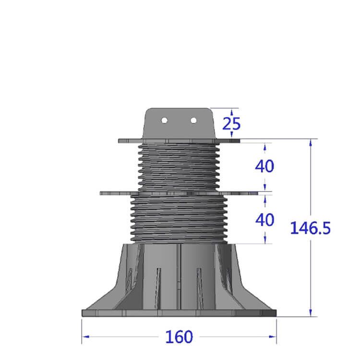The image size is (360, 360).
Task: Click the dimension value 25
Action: pyautogui.click(x=231, y=123)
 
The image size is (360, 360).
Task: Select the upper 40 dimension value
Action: pyautogui.click(x=264, y=166)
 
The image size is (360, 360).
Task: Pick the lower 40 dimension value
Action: pyautogui.click(x=264, y=220)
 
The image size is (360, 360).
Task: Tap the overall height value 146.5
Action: pyautogui.click(x=310, y=228)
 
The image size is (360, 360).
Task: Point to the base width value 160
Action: pyautogui.click(x=179, y=337)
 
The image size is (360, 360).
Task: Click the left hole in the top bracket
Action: pyautogui.click(x=164, y=120)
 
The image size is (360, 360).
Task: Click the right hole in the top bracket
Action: pyautogui.click(x=194, y=120)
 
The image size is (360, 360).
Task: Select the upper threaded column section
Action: pyautogui.click(x=178, y=166)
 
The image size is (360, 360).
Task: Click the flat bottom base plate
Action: pyautogui.click(x=179, y=313)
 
